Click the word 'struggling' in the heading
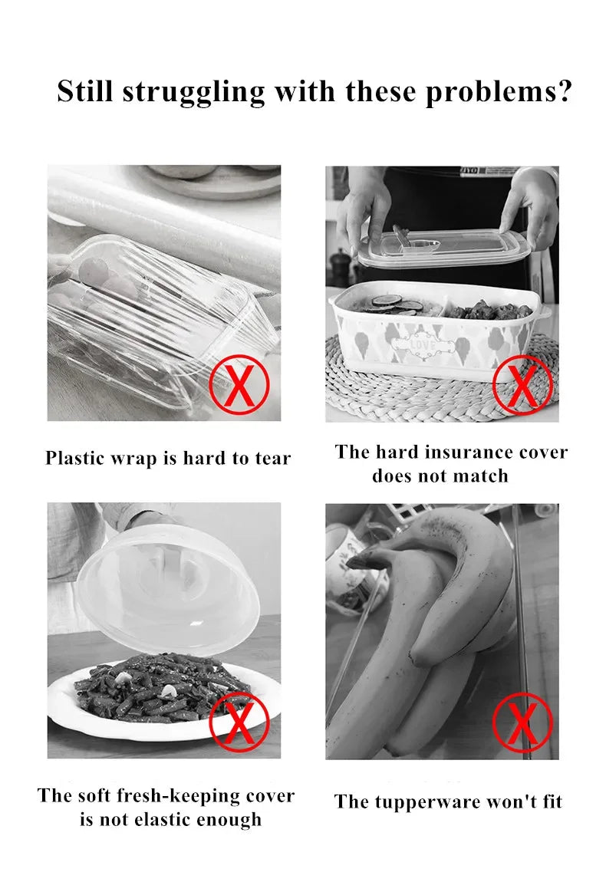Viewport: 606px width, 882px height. point(193,92)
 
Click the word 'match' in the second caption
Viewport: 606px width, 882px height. point(482,476)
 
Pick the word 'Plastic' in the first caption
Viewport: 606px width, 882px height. point(74,459)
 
